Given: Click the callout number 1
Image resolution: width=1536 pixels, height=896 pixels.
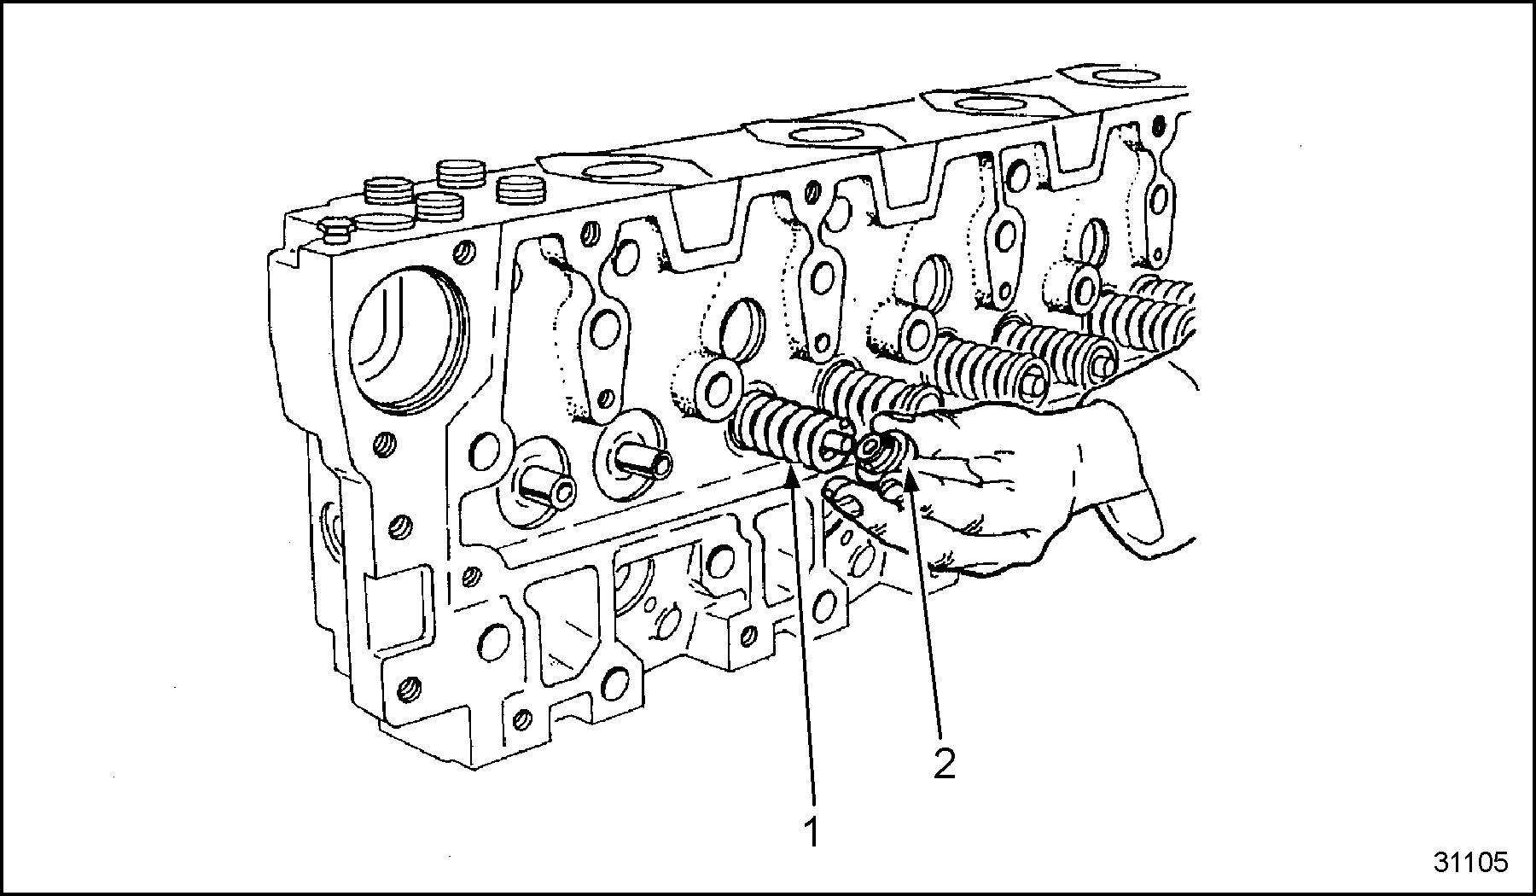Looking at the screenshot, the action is tap(812, 831).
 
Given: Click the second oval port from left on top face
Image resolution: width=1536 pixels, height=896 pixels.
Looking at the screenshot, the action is tap(824, 135).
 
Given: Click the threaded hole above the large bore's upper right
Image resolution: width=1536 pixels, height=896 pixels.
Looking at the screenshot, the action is tap(465, 253).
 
